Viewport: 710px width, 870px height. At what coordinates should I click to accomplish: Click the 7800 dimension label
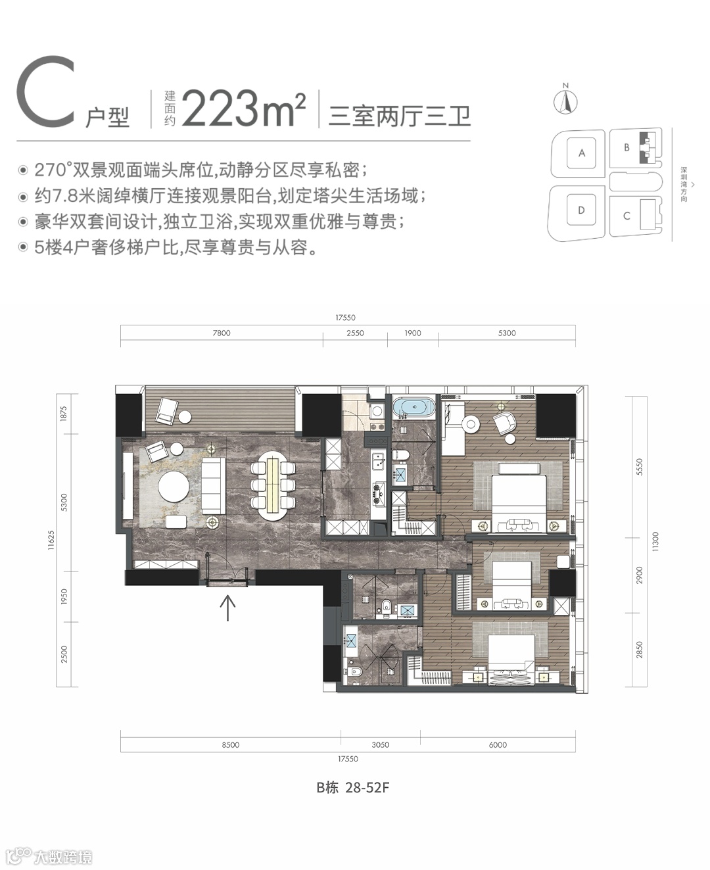222,333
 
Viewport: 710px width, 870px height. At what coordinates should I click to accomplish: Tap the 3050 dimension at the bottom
380,744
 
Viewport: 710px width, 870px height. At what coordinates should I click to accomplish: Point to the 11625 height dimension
51,540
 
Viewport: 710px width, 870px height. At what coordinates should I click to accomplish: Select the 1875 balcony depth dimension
64,414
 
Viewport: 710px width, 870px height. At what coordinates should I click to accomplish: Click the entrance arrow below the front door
227,608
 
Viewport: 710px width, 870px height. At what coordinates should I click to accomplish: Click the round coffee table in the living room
174,487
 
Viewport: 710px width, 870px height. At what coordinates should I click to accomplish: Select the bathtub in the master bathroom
413,407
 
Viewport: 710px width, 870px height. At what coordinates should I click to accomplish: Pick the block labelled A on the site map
581,153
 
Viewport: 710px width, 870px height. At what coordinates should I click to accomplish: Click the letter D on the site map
581,210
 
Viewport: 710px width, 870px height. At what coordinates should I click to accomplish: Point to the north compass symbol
565,99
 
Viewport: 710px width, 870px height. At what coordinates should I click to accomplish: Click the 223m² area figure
244,109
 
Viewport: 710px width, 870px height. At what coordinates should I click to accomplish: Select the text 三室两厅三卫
399,116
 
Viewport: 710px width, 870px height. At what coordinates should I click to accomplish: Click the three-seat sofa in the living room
214,485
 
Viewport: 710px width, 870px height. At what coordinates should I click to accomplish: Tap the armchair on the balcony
166,410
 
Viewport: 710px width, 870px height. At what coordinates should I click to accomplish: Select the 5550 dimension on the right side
639,467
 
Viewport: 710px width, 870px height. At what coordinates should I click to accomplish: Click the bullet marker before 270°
23,170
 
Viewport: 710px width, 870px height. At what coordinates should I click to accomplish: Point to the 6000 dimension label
498,744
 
